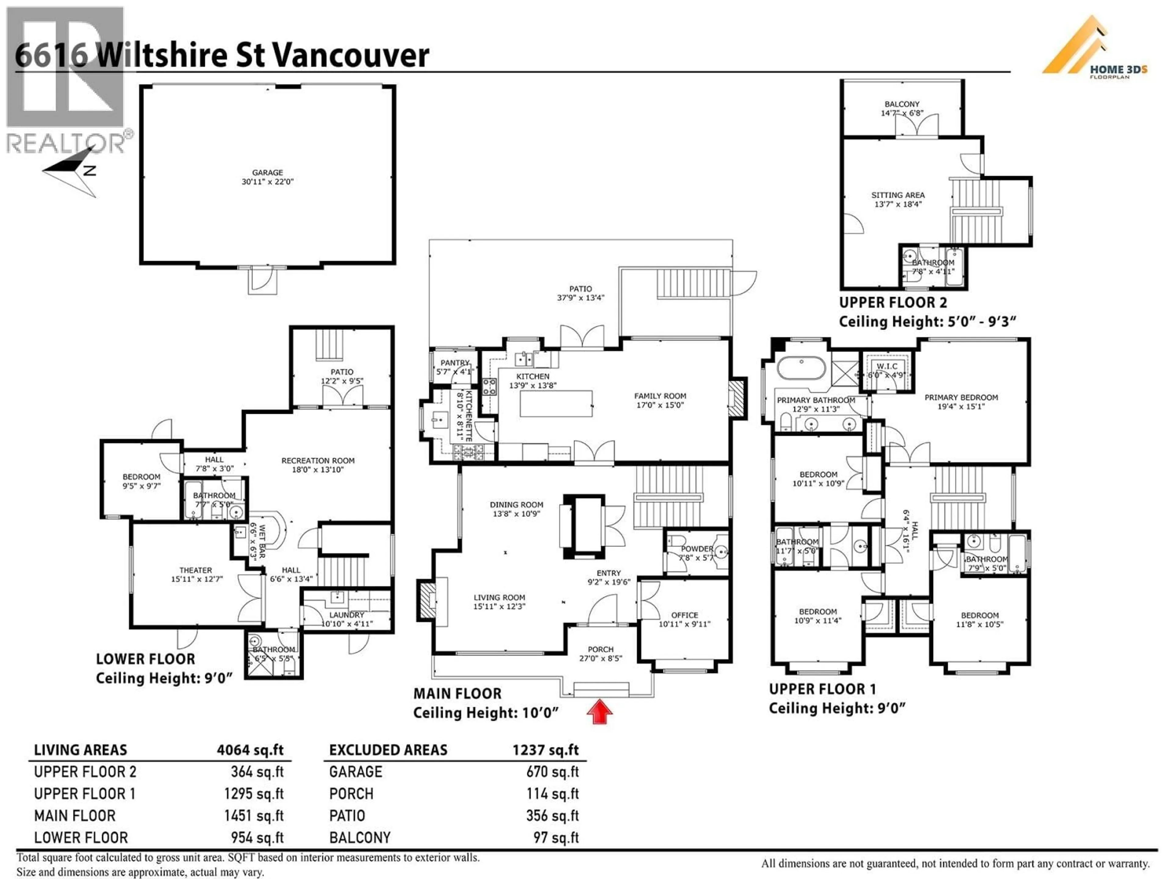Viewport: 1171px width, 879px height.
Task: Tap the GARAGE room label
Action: pos(267,173)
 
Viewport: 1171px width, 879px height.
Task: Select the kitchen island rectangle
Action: pos(556,404)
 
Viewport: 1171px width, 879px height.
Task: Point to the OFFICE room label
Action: pos(685,615)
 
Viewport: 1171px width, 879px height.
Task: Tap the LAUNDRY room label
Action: pos(347,615)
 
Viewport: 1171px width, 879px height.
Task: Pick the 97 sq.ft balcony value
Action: pos(556,838)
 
